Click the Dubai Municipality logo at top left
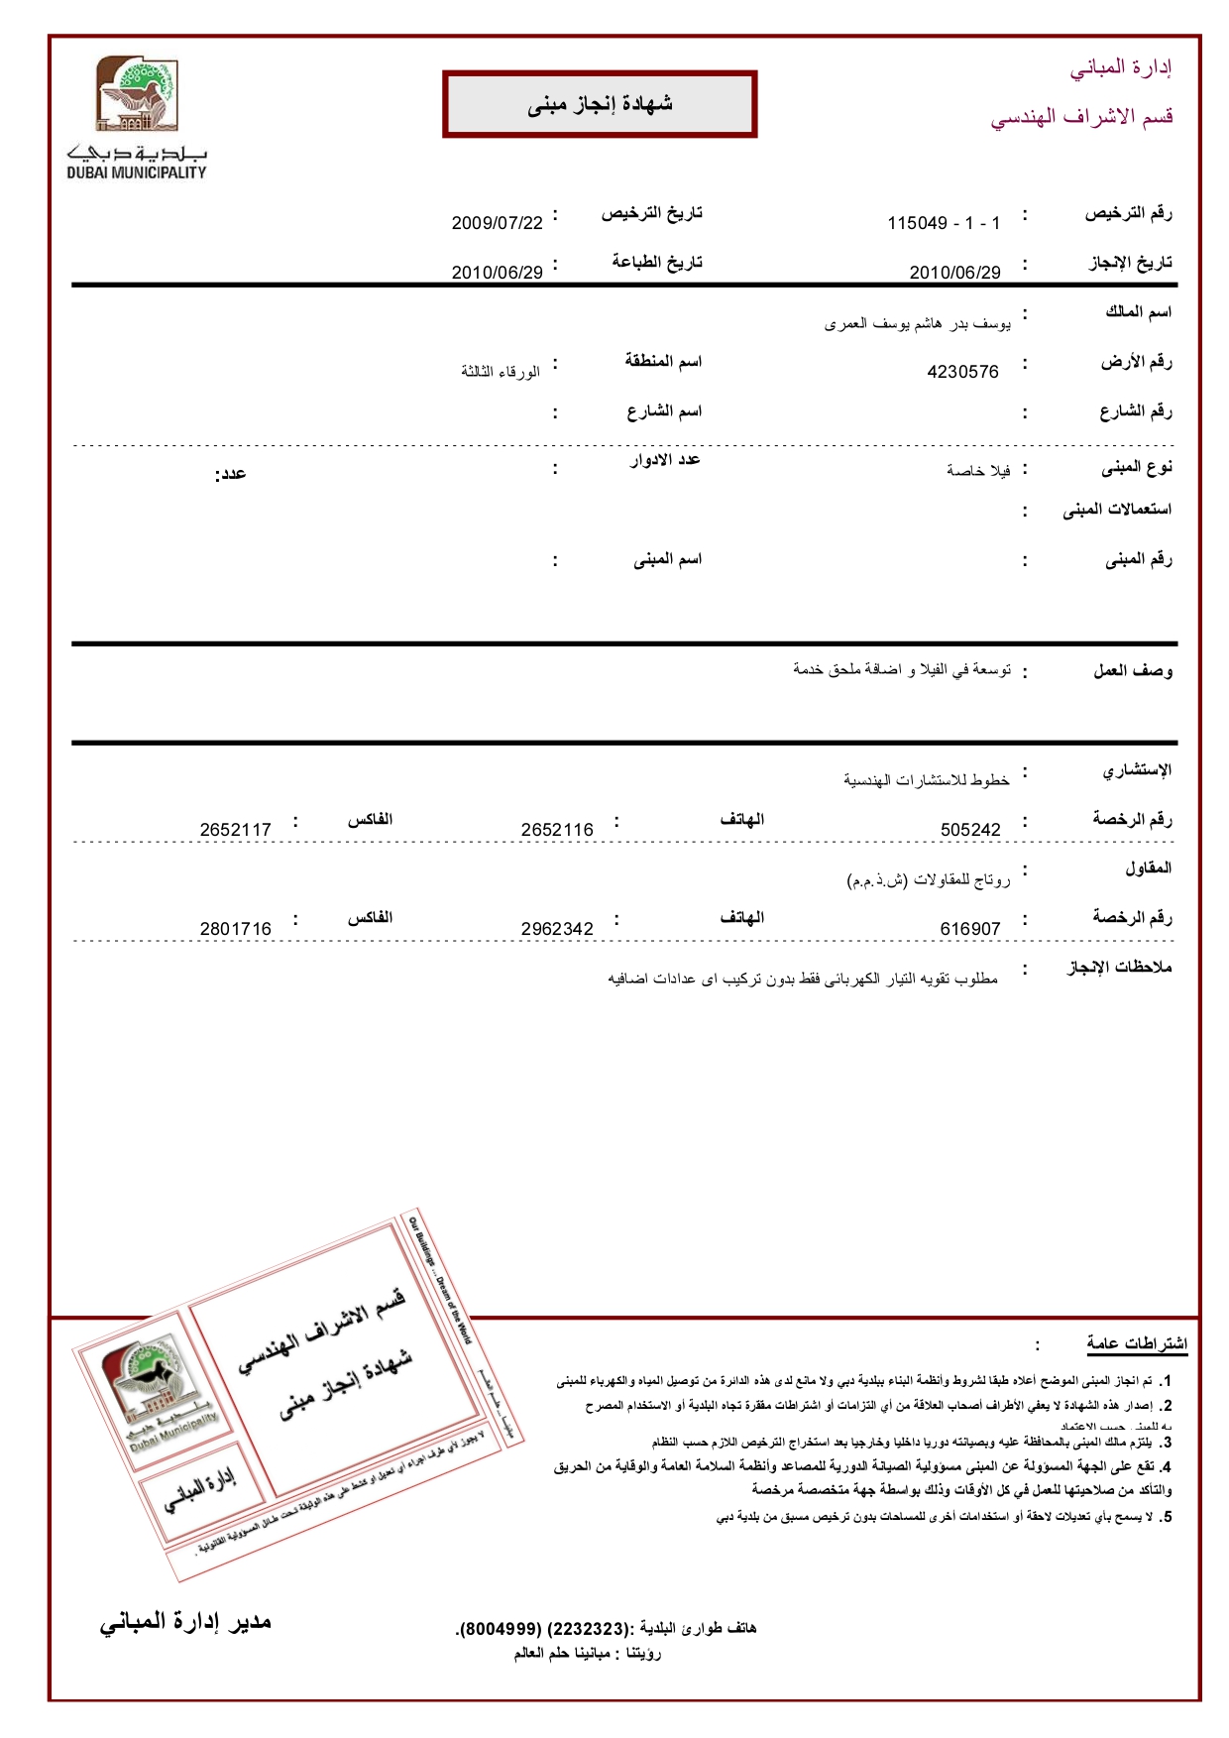(137, 117)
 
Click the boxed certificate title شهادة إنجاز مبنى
(600, 104)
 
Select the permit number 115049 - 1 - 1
(944, 223)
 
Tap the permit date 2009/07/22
(497, 223)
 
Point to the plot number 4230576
(962, 372)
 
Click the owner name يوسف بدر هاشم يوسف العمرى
(917, 323)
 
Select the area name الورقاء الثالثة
(500, 371)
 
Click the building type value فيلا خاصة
(977, 470)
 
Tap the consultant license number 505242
(970, 830)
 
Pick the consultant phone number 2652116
(557, 830)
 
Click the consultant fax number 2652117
(235, 830)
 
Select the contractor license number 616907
(970, 929)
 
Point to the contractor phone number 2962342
(557, 929)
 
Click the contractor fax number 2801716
(235, 929)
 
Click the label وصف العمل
(1132, 671)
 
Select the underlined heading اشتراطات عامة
(1136, 1343)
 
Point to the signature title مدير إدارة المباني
(185, 1623)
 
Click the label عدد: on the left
(230, 474)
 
